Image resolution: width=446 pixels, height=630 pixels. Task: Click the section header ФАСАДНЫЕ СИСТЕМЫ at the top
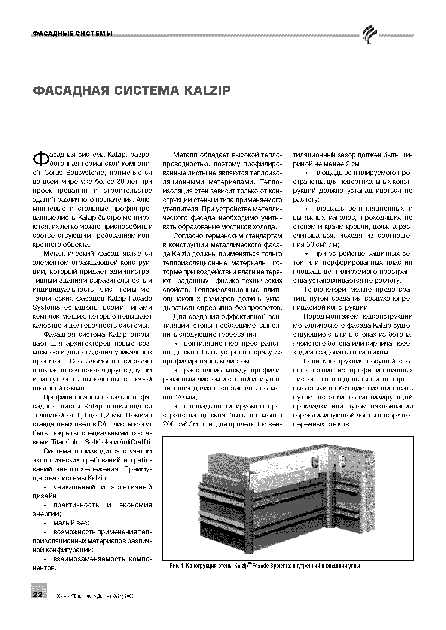click(x=73, y=34)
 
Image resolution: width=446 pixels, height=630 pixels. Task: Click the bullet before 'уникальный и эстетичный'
click(x=45, y=487)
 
